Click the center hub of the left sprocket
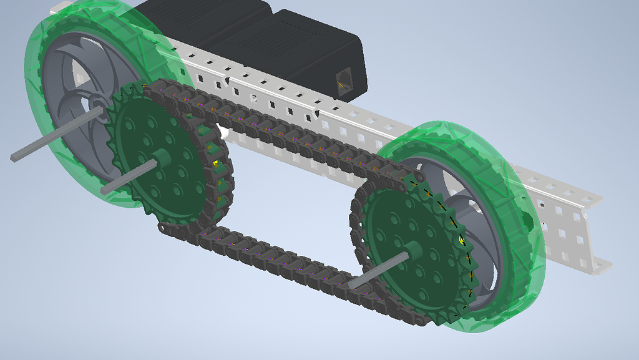tap(160, 158)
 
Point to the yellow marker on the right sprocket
tap(462, 239)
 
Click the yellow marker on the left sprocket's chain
tap(216, 163)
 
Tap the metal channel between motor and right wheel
tap(374, 125)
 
